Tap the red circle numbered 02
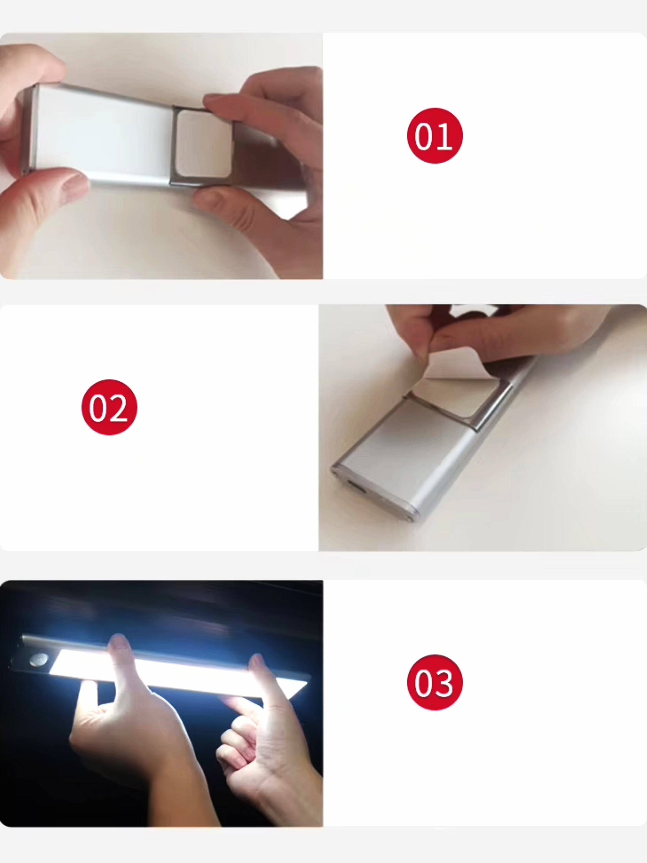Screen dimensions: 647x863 pyautogui.click(x=109, y=407)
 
